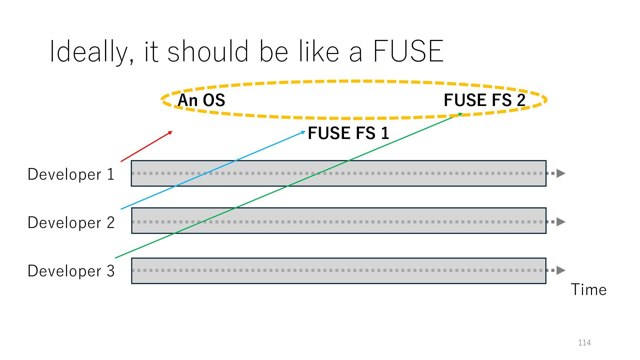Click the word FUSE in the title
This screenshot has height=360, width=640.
pos(408,52)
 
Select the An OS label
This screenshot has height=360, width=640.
pos(201,100)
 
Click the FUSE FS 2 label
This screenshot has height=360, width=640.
pos(484,100)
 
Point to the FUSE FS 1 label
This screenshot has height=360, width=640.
pos(348,133)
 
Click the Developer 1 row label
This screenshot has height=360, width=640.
pos(71,174)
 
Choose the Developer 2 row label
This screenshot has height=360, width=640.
pos(71,223)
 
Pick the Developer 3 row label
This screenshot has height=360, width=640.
pos(71,271)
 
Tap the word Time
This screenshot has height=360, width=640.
pos(589,290)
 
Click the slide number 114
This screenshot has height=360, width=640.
pos(584,343)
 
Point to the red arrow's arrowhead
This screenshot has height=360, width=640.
pos(171,132)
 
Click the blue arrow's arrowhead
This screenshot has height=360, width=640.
pos(304,132)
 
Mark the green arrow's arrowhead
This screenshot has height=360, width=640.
pos(460,115)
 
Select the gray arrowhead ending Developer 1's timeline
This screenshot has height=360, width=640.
pos(561,173)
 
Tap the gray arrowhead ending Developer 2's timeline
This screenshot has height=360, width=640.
pos(561,222)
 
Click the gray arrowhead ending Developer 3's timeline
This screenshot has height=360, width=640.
pos(561,270)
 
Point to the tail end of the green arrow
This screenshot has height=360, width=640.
pos(115,258)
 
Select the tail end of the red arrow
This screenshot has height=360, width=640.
pos(121,162)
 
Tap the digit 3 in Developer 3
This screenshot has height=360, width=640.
pos(111,271)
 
